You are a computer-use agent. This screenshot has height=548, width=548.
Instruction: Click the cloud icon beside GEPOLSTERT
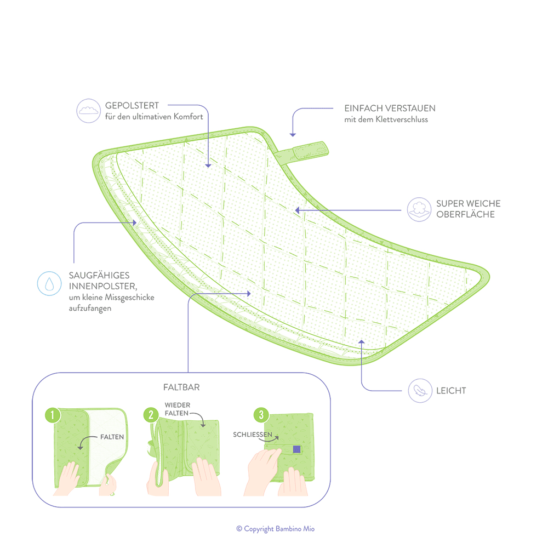(x=88, y=111)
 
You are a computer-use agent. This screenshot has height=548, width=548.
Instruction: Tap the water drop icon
(x=49, y=283)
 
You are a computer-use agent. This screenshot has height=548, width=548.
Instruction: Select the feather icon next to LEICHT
(x=420, y=390)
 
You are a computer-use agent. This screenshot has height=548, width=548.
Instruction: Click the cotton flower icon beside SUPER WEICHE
(x=419, y=209)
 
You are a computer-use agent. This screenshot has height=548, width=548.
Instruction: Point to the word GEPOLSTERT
(x=132, y=106)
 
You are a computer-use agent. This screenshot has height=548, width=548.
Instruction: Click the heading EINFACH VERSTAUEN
(x=390, y=109)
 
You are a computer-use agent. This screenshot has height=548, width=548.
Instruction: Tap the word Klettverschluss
(x=402, y=119)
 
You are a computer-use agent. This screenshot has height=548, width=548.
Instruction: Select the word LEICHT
(x=451, y=391)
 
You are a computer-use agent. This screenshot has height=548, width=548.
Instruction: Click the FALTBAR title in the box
(x=181, y=387)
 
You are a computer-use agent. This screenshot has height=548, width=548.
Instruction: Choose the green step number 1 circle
(x=53, y=415)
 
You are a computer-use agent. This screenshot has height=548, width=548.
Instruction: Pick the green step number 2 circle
(x=151, y=415)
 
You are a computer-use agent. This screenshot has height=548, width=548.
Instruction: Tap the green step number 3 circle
(x=261, y=415)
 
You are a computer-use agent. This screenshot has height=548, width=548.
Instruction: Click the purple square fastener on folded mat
(x=296, y=449)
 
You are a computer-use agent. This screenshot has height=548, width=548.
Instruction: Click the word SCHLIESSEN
(x=252, y=435)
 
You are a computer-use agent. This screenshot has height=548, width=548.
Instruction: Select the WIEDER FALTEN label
(x=178, y=409)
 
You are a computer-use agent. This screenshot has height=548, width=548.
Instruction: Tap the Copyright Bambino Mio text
(x=276, y=529)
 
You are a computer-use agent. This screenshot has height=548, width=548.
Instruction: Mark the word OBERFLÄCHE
(x=465, y=214)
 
